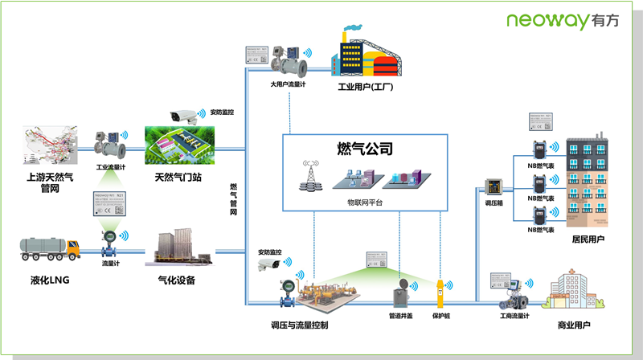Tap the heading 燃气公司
click(364, 149)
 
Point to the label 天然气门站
click(178, 176)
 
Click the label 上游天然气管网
click(48, 182)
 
